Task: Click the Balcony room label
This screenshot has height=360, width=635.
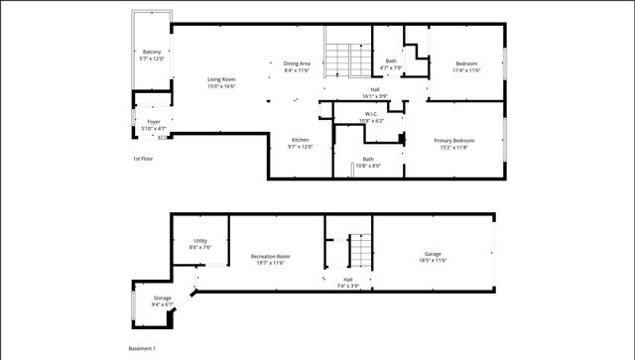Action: coord(152,52)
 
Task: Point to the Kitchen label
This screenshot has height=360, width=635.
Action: coord(300,140)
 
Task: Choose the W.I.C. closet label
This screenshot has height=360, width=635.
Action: coord(372,114)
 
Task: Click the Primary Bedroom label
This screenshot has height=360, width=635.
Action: coord(454,141)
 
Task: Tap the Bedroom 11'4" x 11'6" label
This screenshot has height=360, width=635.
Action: coord(465,63)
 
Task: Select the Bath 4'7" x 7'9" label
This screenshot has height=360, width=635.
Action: coord(391,61)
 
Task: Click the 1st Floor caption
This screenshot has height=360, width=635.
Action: coord(143,159)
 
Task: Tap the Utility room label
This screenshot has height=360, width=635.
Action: coord(199,241)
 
